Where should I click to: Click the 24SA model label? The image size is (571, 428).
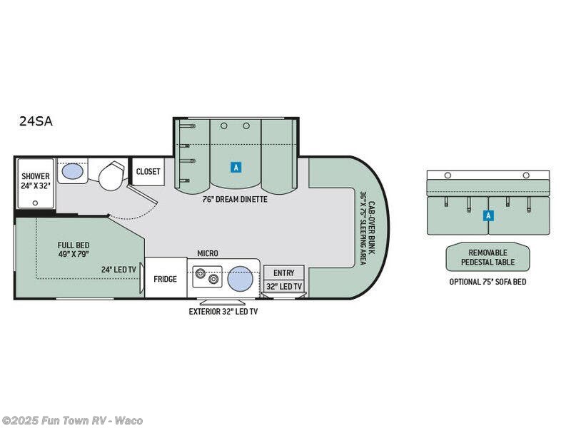click(36, 121)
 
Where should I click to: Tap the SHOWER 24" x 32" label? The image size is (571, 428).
click(35, 180)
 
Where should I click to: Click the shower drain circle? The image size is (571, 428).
click(35, 203)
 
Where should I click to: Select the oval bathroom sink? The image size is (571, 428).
click(73, 171)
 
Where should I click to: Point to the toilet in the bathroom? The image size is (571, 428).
click(112, 175)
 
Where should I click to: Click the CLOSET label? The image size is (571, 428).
click(148, 171)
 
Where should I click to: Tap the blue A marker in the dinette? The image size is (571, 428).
click(236, 168)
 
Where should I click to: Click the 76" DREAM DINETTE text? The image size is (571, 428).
click(235, 200)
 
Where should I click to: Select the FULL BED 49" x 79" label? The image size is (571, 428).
click(74, 250)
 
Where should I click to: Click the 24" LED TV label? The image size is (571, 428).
click(118, 270)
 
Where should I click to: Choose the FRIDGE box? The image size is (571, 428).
click(166, 277)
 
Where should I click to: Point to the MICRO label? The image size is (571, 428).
click(208, 253)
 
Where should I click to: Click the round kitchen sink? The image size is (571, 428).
click(241, 279)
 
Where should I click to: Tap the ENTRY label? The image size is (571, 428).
click(283, 273)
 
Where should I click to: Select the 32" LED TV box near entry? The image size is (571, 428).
click(284, 287)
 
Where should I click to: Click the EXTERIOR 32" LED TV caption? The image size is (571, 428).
click(223, 312)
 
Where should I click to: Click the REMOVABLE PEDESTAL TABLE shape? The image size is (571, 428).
click(488, 257)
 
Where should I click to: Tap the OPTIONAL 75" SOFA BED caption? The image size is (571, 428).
click(487, 282)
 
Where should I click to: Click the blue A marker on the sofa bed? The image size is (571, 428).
click(488, 216)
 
